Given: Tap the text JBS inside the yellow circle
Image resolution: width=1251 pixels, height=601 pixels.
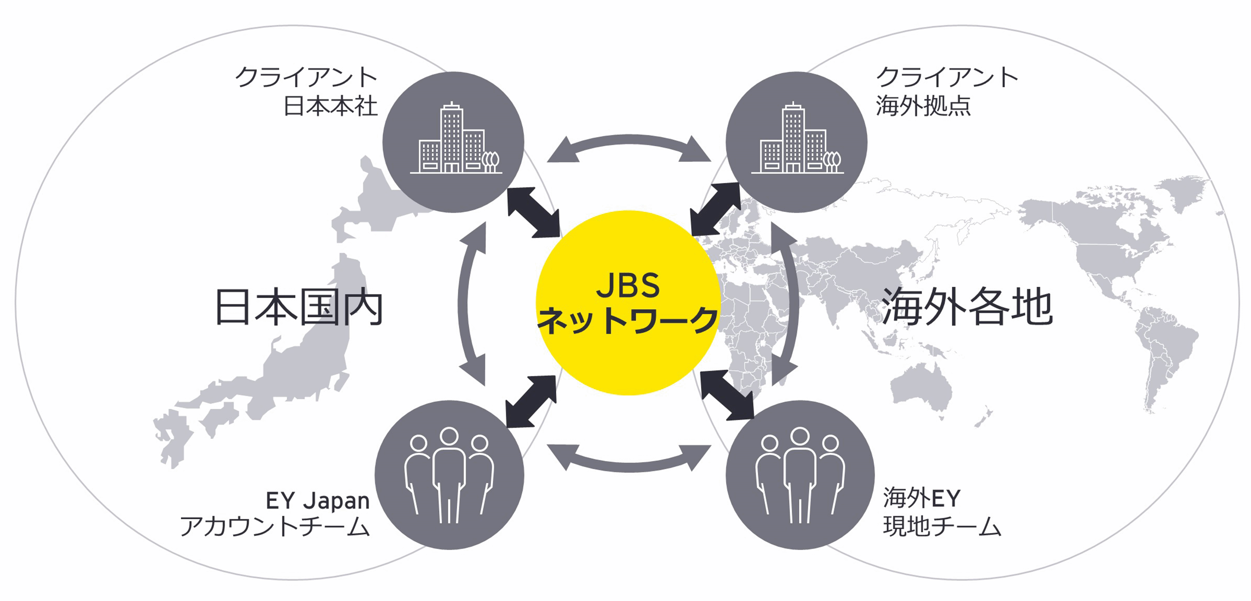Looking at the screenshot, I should coord(627,286).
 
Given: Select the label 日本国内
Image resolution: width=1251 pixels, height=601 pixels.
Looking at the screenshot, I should coord(298,307).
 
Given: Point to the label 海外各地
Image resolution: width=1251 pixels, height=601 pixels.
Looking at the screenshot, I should coord(966,307).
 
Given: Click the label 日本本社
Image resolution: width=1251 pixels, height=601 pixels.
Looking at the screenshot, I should coord(330,106).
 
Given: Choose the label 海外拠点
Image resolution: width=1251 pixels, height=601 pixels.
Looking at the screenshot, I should coord(923,106).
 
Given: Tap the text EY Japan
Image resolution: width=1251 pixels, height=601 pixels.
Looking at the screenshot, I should coord(318,500).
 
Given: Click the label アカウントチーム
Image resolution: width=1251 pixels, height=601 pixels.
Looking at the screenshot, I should coord(275,527).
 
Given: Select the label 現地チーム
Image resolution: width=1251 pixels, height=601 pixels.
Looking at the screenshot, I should coord(942,527).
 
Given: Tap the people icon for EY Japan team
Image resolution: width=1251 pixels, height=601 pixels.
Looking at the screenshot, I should coord(449,475).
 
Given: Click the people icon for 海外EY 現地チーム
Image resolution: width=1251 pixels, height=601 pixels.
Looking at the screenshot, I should coord(800,475).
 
